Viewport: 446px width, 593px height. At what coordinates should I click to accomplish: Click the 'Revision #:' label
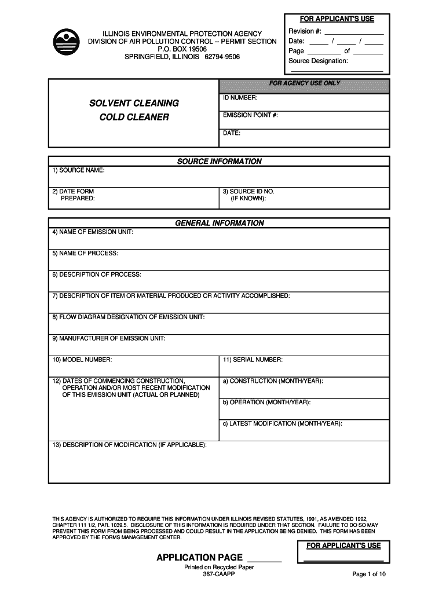point(305,31)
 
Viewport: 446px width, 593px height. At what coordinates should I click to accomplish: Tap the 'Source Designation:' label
point(318,61)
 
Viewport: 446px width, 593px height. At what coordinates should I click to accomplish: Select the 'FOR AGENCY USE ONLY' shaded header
point(305,83)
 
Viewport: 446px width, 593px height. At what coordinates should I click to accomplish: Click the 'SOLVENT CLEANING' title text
point(134,103)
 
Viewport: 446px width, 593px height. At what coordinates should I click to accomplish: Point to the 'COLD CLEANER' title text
point(134,117)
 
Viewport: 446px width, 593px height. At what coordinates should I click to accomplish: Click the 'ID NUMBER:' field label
point(240,98)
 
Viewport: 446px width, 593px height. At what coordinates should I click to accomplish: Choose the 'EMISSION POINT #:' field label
point(250,115)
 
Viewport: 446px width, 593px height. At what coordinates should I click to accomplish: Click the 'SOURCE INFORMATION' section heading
point(219,162)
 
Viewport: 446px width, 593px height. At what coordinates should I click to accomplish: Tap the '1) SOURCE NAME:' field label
point(78,170)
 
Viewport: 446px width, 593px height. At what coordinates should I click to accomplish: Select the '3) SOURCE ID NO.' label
point(248,191)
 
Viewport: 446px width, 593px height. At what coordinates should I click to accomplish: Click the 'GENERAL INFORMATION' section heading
point(219,223)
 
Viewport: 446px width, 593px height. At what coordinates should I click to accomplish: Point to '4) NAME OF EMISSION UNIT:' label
point(93,232)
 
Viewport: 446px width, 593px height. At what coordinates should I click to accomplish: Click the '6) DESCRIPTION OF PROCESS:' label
point(96,274)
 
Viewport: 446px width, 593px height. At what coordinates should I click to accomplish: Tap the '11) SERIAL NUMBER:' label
point(253,360)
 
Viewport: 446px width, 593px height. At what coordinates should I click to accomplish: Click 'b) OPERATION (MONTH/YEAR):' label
point(266,402)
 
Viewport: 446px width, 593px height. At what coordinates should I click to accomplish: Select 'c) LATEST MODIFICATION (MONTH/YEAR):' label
point(282,423)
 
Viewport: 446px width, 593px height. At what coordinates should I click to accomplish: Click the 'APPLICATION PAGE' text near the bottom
point(200,558)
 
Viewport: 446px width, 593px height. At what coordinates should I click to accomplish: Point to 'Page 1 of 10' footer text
point(368,574)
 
